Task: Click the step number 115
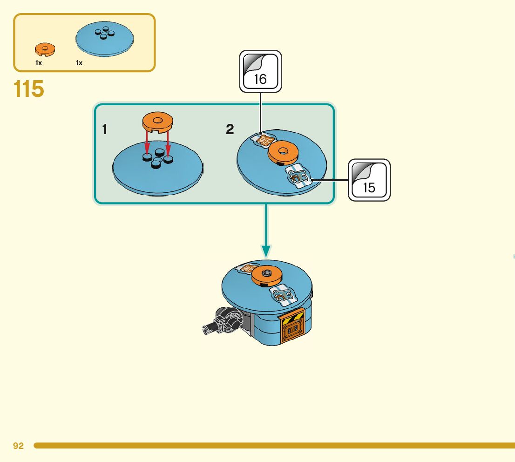[29, 89]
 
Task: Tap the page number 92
[18, 446]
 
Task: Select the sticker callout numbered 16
[260, 71]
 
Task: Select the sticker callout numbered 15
[369, 180]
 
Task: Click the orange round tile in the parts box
[45, 48]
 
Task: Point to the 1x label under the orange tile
[39, 63]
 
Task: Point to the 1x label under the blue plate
[79, 63]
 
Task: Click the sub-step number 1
[105, 129]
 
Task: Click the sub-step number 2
[230, 129]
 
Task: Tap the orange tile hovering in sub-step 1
[157, 122]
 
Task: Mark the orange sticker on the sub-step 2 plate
[264, 139]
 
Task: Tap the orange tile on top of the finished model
[267, 275]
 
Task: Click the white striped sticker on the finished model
[284, 295]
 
